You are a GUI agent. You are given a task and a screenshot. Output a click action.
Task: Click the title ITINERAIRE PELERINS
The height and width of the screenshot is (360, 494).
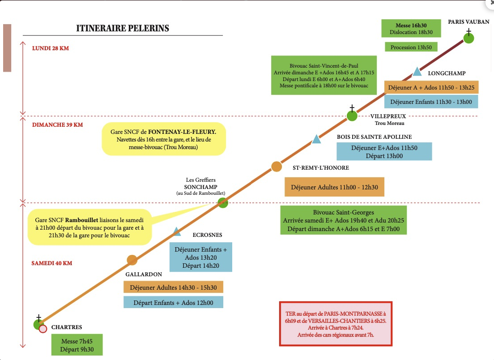click(123, 28)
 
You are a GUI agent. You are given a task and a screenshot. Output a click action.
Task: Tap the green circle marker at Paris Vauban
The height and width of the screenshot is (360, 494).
click(469, 39)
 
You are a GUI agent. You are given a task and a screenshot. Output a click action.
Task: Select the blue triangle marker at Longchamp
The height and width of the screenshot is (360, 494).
click(417, 72)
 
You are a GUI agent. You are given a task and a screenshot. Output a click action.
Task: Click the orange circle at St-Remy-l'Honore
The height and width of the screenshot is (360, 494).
click(276, 167)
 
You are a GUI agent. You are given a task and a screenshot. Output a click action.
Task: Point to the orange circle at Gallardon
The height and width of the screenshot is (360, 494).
click(132, 260)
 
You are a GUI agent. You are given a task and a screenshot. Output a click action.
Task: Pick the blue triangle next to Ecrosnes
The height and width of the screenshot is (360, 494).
click(177, 231)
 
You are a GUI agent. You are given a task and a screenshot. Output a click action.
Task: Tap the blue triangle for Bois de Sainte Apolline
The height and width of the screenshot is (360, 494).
click(316, 139)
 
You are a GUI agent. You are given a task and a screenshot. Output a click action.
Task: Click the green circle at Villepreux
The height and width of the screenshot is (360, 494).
click(352, 116)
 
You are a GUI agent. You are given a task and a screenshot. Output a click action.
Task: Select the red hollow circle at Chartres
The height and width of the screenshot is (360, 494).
click(43, 329)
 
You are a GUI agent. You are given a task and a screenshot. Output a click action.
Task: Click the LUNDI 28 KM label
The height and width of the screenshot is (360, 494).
click(51, 48)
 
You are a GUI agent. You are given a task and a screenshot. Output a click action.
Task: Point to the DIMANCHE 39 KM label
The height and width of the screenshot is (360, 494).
click(57, 125)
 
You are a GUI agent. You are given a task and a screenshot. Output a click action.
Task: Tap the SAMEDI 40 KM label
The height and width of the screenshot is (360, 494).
click(51, 263)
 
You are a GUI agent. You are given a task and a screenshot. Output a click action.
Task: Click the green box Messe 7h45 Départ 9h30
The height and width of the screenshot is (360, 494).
click(77, 345)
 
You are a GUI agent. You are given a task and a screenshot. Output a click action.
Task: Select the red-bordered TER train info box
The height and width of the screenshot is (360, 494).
click(336, 324)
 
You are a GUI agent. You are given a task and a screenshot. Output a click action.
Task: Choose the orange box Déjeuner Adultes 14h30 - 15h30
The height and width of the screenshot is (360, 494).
click(173, 287)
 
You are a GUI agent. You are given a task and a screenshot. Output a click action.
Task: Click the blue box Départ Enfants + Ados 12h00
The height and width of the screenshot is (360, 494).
click(173, 303)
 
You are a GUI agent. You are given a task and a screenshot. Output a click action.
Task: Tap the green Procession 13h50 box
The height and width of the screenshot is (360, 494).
click(411, 47)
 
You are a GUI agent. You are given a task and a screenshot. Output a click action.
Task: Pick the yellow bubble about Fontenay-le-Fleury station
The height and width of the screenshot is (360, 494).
click(164, 139)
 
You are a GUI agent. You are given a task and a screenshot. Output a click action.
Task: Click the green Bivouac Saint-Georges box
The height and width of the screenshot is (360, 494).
click(343, 220)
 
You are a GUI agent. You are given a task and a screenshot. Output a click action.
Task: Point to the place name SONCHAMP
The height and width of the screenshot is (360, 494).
click(200, 187)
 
